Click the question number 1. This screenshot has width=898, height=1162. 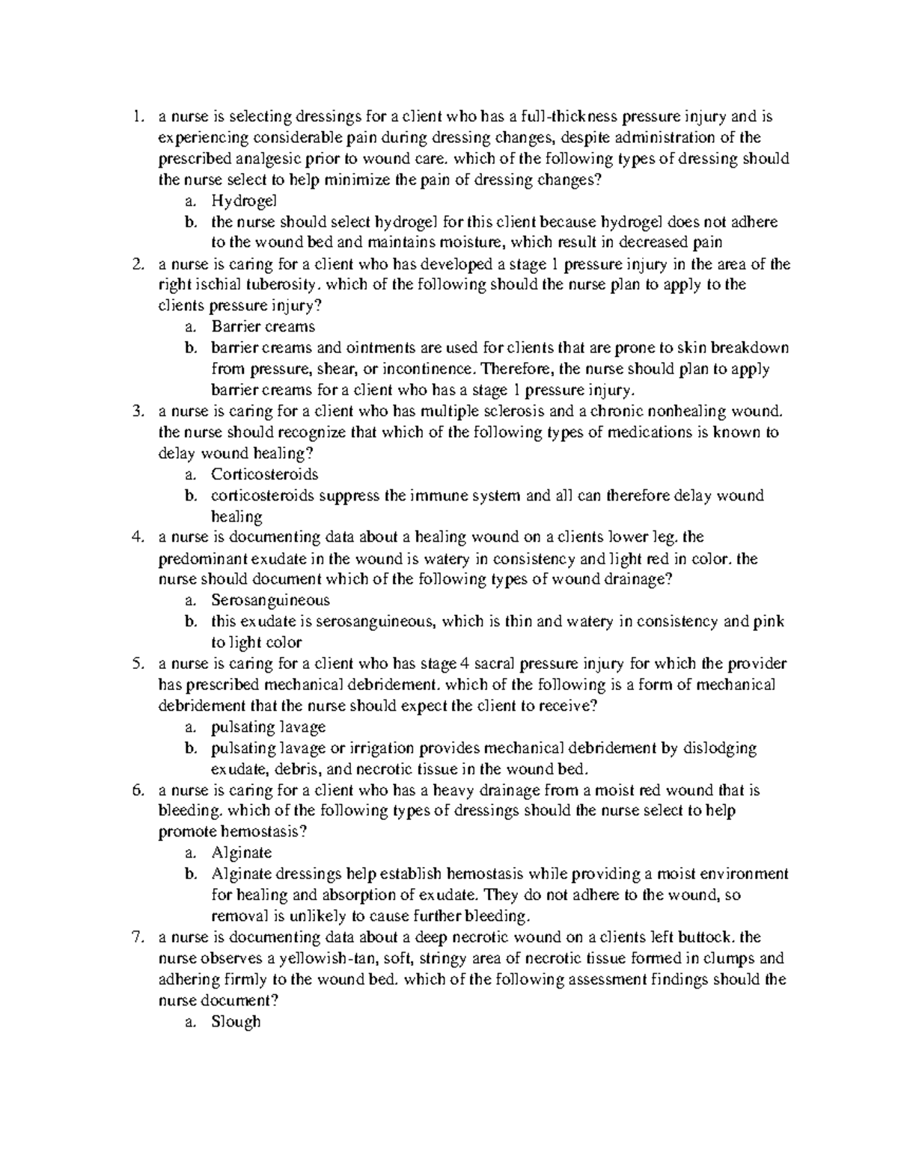pyautogui.click(x=135, y=117)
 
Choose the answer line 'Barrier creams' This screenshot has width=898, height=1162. pyautogui.click(x=263, y=327)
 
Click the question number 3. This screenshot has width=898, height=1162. pyautogui.click(x=135, y=412)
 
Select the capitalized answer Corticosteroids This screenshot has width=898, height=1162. pyautogui.click(x=264, y=474)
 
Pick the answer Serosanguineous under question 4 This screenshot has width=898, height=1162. pyautogui.click(x=270, y=601)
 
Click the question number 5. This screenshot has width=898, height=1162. pyautogui.click(x=135, y=664)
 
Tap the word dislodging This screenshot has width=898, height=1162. pyautogui.click(x=719, y=748)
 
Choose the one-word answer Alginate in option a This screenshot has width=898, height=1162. pyautogui.click(x=241, y=853)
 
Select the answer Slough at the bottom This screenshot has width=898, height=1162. pyautogui.click(x=236, y=1022)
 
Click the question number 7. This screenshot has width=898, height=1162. pyautogui.click(x=135, y=938)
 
